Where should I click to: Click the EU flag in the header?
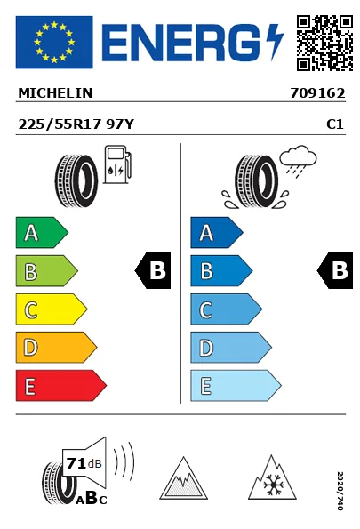pos(54,42)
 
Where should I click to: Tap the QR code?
pos(324,43)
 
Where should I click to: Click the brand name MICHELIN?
pos(55,93)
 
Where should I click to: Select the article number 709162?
pos(318,93)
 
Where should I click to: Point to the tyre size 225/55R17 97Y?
pos(76,124)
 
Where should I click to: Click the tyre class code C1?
pos(335,124)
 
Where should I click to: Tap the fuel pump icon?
pos(117,164)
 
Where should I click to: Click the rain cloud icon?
pos(298,161)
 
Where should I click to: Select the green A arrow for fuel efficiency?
pos(42,232)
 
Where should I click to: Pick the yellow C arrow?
pos(52,309)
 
